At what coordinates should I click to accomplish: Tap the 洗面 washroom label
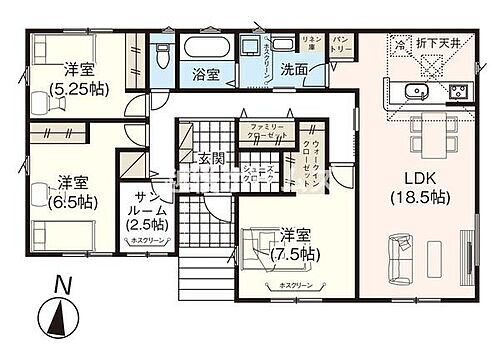(x=293, y=71)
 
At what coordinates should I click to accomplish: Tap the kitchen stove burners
(x=461, y=93)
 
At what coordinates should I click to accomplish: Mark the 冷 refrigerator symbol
(x=398, y=44)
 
